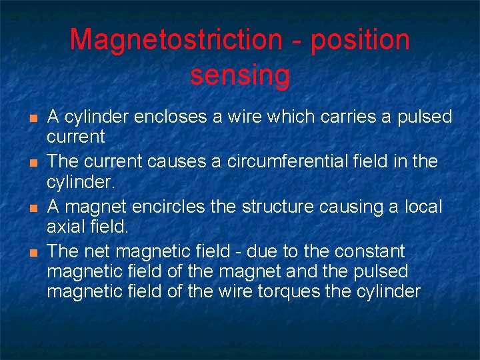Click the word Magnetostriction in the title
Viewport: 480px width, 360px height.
pos(176,40)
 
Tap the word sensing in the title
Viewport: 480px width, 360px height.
pos(240,76)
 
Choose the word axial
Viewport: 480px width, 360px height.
pos(66,227)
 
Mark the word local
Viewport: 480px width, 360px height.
pos(423,206)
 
